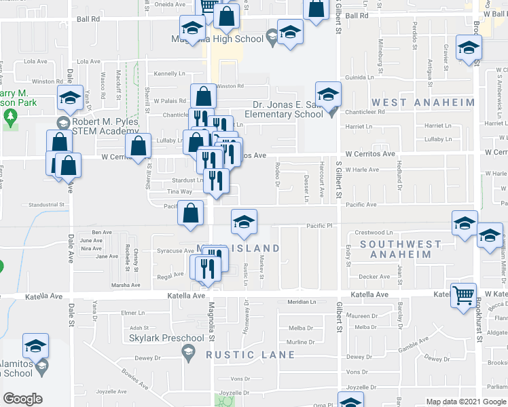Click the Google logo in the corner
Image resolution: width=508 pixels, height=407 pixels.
(x=22, y=399)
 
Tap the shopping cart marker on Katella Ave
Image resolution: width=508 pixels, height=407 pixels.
(x=464, y=296)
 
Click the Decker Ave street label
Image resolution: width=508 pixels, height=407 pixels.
(x=374, y=277)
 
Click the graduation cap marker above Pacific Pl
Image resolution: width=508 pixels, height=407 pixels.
(x=244, y=221)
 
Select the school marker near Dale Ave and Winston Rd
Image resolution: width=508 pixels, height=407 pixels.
(x=69, y=98)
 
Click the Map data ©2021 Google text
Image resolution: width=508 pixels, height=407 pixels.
(x=466, y=402)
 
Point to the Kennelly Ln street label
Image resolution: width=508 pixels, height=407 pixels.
(x=169, y=73)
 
